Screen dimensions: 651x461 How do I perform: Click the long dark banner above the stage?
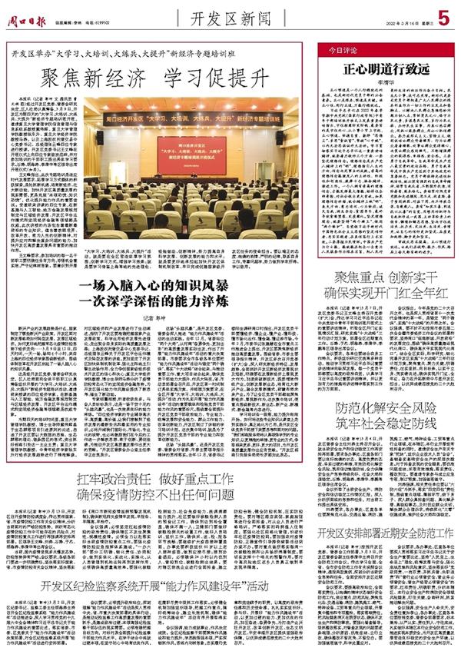(x=187, y=121)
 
